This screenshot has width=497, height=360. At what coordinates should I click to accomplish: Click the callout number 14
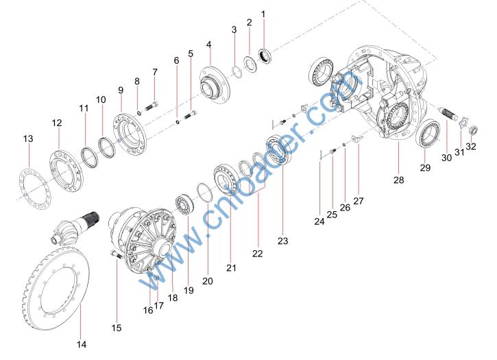pos(82,344)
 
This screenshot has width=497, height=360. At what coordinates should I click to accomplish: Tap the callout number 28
pos(399,180)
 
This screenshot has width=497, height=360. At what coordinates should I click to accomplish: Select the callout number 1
pos(263,14)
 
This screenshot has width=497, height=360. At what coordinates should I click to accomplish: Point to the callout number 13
pos(28,139)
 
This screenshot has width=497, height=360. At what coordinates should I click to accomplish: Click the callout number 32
pos(471,146)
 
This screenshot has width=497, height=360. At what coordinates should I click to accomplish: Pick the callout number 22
pos(257,254)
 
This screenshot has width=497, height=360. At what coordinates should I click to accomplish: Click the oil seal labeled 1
pos(265,56)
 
